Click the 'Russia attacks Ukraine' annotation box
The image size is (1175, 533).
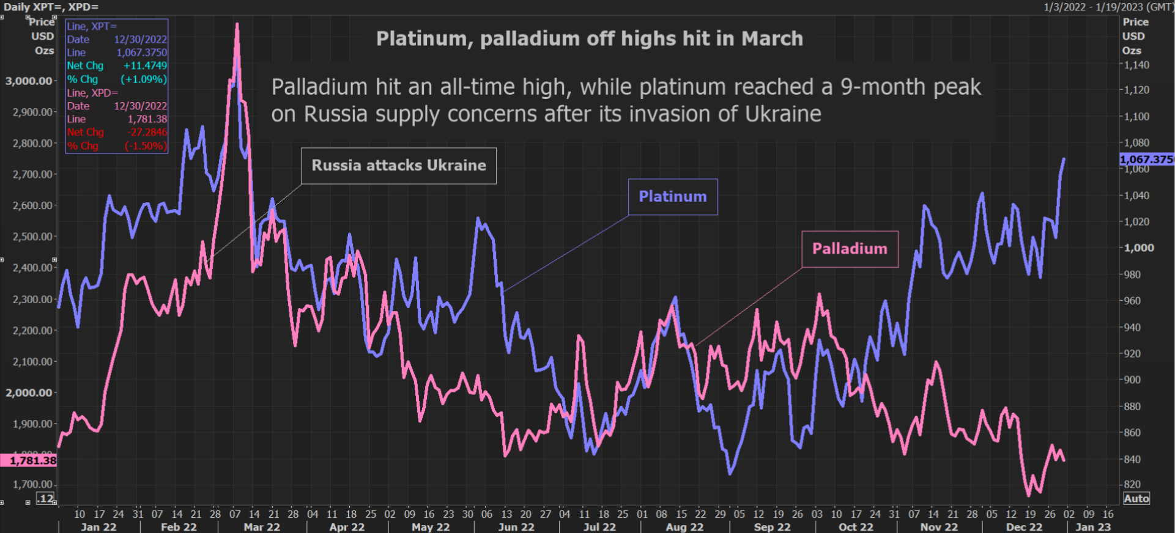click(x=399, y=166)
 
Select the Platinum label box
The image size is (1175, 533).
click(x=673, y=197)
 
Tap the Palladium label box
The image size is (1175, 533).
click(x=850, y=249)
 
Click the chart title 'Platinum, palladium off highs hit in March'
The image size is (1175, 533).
click(x=589, y=39)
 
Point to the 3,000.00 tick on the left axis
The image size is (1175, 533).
click(x=29, y=81)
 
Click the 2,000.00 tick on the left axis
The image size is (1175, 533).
click(x=29, y=392)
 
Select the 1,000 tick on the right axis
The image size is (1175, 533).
click(x=1139, y=248)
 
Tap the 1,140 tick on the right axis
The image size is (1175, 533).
click(x=1137, y=65)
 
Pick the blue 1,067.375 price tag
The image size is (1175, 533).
click(x=1147, y=160)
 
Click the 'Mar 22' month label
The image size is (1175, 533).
click(x=262, y=527)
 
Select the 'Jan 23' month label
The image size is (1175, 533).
click(x=1093, y=527)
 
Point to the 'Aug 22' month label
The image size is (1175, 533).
click(x=684, y=527)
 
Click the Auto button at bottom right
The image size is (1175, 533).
click(x=1136, y=498)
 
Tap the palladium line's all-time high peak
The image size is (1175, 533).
click(x=237, y=25)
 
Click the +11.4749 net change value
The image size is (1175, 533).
click(x=145, y=65)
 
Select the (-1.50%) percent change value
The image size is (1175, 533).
click(x=145, y=145)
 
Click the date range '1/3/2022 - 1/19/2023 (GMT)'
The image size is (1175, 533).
click(x=1108, y=7)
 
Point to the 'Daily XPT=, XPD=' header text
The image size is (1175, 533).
click(x=51, y=7)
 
